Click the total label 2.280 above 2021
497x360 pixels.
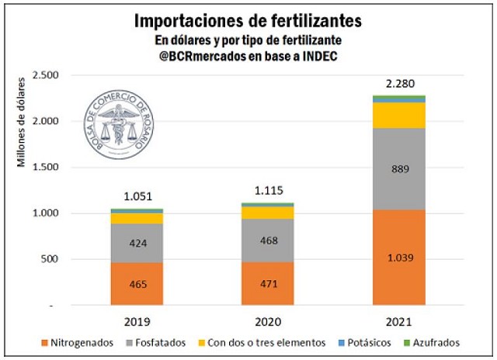pos(399,82)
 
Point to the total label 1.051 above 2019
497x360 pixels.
pos(136,197)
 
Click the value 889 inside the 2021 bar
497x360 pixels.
pos(399,169)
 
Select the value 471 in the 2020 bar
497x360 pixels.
pos(267,285)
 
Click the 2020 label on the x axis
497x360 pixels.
pos(267,321)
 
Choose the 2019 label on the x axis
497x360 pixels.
pos(136,321)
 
